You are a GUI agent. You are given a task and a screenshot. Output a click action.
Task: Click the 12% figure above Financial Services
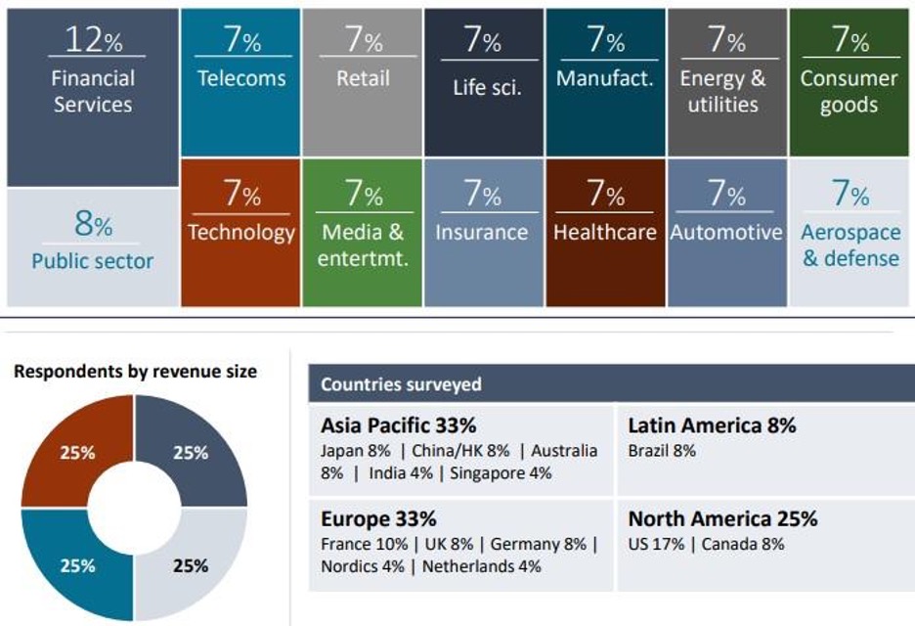pos(94,40)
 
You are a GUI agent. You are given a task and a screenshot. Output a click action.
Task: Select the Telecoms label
pos(242,77)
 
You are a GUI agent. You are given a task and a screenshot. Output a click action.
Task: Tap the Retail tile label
pos(363,77)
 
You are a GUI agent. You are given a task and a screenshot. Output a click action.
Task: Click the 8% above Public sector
pos(93,225)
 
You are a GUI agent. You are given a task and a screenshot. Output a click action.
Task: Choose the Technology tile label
pos(240,233)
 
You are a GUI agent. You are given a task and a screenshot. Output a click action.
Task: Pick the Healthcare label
pos(604,233)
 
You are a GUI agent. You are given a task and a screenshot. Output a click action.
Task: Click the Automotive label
pos(726,233)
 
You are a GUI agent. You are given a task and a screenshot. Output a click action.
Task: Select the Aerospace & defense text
pos(850,246)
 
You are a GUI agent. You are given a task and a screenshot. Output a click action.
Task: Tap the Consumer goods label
pos(849,91)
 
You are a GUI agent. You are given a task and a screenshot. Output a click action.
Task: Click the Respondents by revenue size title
pos(136,371)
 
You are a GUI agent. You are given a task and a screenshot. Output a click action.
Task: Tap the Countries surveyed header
pos(401,384)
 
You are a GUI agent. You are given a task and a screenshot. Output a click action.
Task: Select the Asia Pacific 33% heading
pos(398,425)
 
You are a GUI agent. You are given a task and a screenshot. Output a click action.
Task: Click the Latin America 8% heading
pos(712,425)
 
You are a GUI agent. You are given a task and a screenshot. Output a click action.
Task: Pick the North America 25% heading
pos(722,518)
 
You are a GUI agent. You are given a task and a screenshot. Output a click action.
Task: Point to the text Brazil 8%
pos(662,451)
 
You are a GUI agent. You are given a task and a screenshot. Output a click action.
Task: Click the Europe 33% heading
pos(378,518)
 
